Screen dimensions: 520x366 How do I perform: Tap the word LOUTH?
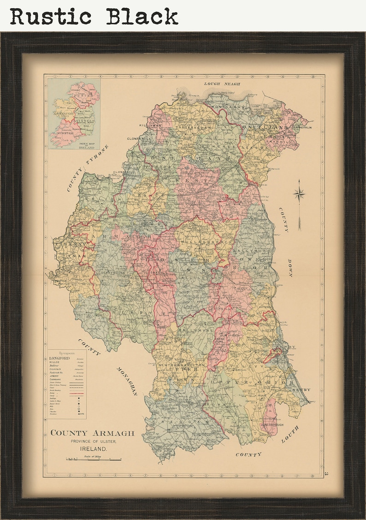tap(290, 434)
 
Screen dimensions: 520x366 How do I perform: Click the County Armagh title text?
tap(92, 433)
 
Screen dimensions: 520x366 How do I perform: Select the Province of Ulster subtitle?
tap(94, 441)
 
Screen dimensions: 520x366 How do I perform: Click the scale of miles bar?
tap(94, 460)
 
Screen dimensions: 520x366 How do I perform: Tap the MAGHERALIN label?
tap(296, 128)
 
